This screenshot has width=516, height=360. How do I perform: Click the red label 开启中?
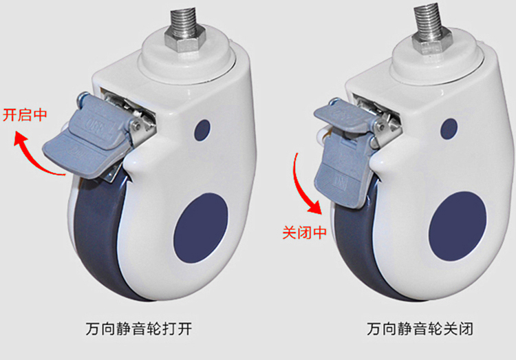point(25,115)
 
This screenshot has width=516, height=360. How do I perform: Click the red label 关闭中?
point(304,232)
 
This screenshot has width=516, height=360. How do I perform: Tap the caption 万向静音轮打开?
point(138,329)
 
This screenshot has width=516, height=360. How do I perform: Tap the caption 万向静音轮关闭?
point(420,329)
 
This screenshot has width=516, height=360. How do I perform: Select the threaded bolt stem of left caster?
point(184,21)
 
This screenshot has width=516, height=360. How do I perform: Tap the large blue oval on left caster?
point(201,228)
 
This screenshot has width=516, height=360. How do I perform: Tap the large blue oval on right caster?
point(458,226)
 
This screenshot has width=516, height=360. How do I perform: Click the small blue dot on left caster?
point(202,130)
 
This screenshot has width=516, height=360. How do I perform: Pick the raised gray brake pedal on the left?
point(87,140)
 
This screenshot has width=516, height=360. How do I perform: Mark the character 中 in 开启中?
point(40,115)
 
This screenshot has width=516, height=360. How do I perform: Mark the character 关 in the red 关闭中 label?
point(289,232)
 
